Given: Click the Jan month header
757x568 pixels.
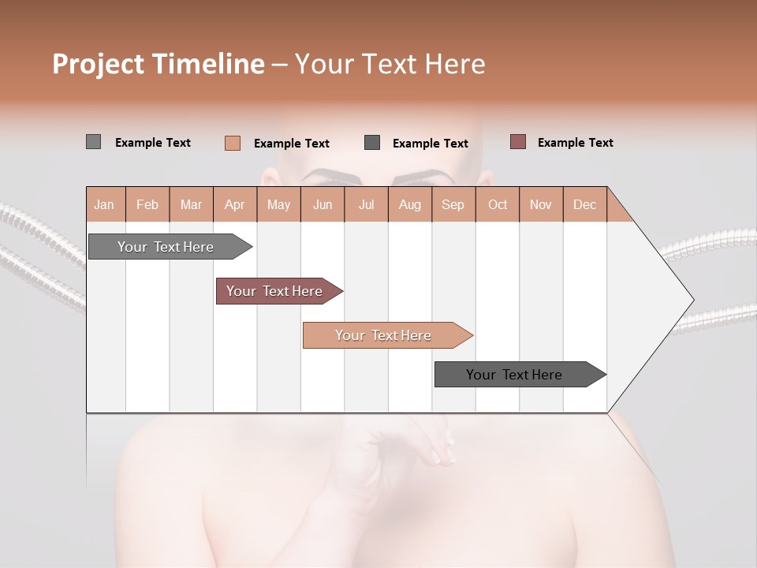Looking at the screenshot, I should pos(104,204).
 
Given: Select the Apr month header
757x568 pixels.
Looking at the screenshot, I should pos(234,204).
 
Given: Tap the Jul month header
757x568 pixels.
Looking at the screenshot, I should pos(366,204).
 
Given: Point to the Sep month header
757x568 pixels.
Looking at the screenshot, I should pos(453,204).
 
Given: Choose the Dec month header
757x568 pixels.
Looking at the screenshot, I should pos(584,204).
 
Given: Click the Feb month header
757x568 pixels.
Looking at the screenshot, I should pos(147,204).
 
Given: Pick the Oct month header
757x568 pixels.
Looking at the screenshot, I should pos(498,204).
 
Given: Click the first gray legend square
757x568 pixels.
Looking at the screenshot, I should pos(93,142).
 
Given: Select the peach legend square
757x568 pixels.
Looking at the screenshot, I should pos(232,143).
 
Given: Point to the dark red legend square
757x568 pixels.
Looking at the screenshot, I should pos(517,142).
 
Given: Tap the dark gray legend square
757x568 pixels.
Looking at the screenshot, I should pos(372,143).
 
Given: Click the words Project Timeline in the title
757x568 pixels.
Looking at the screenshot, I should pos(158,64).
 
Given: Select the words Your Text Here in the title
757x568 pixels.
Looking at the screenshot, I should pos(390,64).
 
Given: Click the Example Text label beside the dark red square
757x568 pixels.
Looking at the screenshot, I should pos(575,143).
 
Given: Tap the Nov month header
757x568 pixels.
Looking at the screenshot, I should pos(541,204).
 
